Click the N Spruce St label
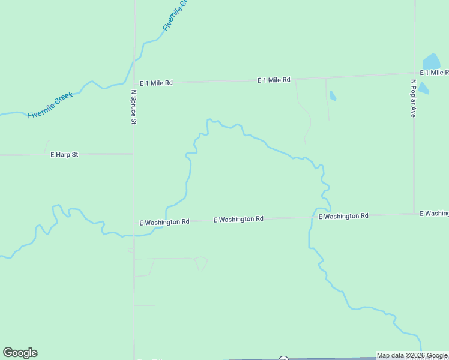point(134,107)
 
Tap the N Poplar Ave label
point(413,98)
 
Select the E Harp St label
point(64,155)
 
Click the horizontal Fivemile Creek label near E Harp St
point(50,105)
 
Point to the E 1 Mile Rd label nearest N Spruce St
point(156,83)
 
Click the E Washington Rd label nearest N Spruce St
point(164,222)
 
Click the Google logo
point(20,353)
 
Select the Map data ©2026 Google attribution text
point(412,355)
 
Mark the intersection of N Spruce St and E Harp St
point(133,154)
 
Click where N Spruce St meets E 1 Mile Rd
point(134,83)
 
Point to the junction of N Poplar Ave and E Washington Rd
point(414,213)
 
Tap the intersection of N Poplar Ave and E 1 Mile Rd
point(414,74)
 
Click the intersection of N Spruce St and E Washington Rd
point(133,223)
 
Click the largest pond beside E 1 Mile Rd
point(431,62)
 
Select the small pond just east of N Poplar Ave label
point(423,88)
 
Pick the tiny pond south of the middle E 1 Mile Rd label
point(333,95)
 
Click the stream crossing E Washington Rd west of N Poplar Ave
point(312,217)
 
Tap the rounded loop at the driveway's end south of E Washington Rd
point(202,263)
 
